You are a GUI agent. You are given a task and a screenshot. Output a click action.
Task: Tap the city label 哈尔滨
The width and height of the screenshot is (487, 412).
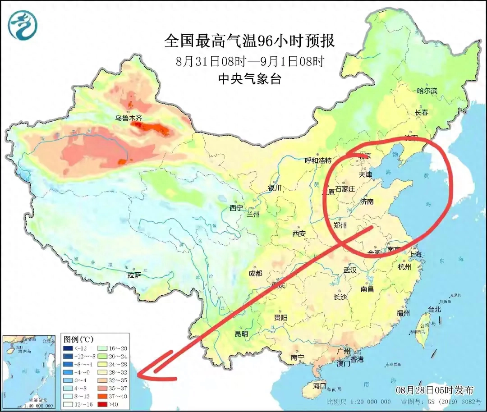pos(427,91)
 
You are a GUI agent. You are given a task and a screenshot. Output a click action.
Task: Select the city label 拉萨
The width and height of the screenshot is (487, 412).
pos(134,275)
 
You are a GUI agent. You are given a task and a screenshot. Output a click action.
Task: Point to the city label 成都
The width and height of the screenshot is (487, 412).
pos(255,273)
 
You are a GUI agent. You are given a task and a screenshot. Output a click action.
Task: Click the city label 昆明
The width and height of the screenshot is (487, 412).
pos(241,334)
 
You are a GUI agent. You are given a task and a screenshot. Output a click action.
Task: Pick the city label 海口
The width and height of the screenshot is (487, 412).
pos(320,386)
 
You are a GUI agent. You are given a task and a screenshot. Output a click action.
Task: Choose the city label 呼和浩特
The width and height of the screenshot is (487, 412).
pos(318,160)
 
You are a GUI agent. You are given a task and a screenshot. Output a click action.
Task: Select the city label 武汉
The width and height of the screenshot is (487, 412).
pos(350,270)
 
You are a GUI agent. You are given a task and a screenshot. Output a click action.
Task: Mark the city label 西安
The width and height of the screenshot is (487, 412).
pos(299,233)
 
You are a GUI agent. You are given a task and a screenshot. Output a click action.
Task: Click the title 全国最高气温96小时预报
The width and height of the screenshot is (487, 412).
pos(249,41)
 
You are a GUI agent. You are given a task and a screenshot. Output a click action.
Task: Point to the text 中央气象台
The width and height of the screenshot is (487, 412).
pos(249,79)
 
